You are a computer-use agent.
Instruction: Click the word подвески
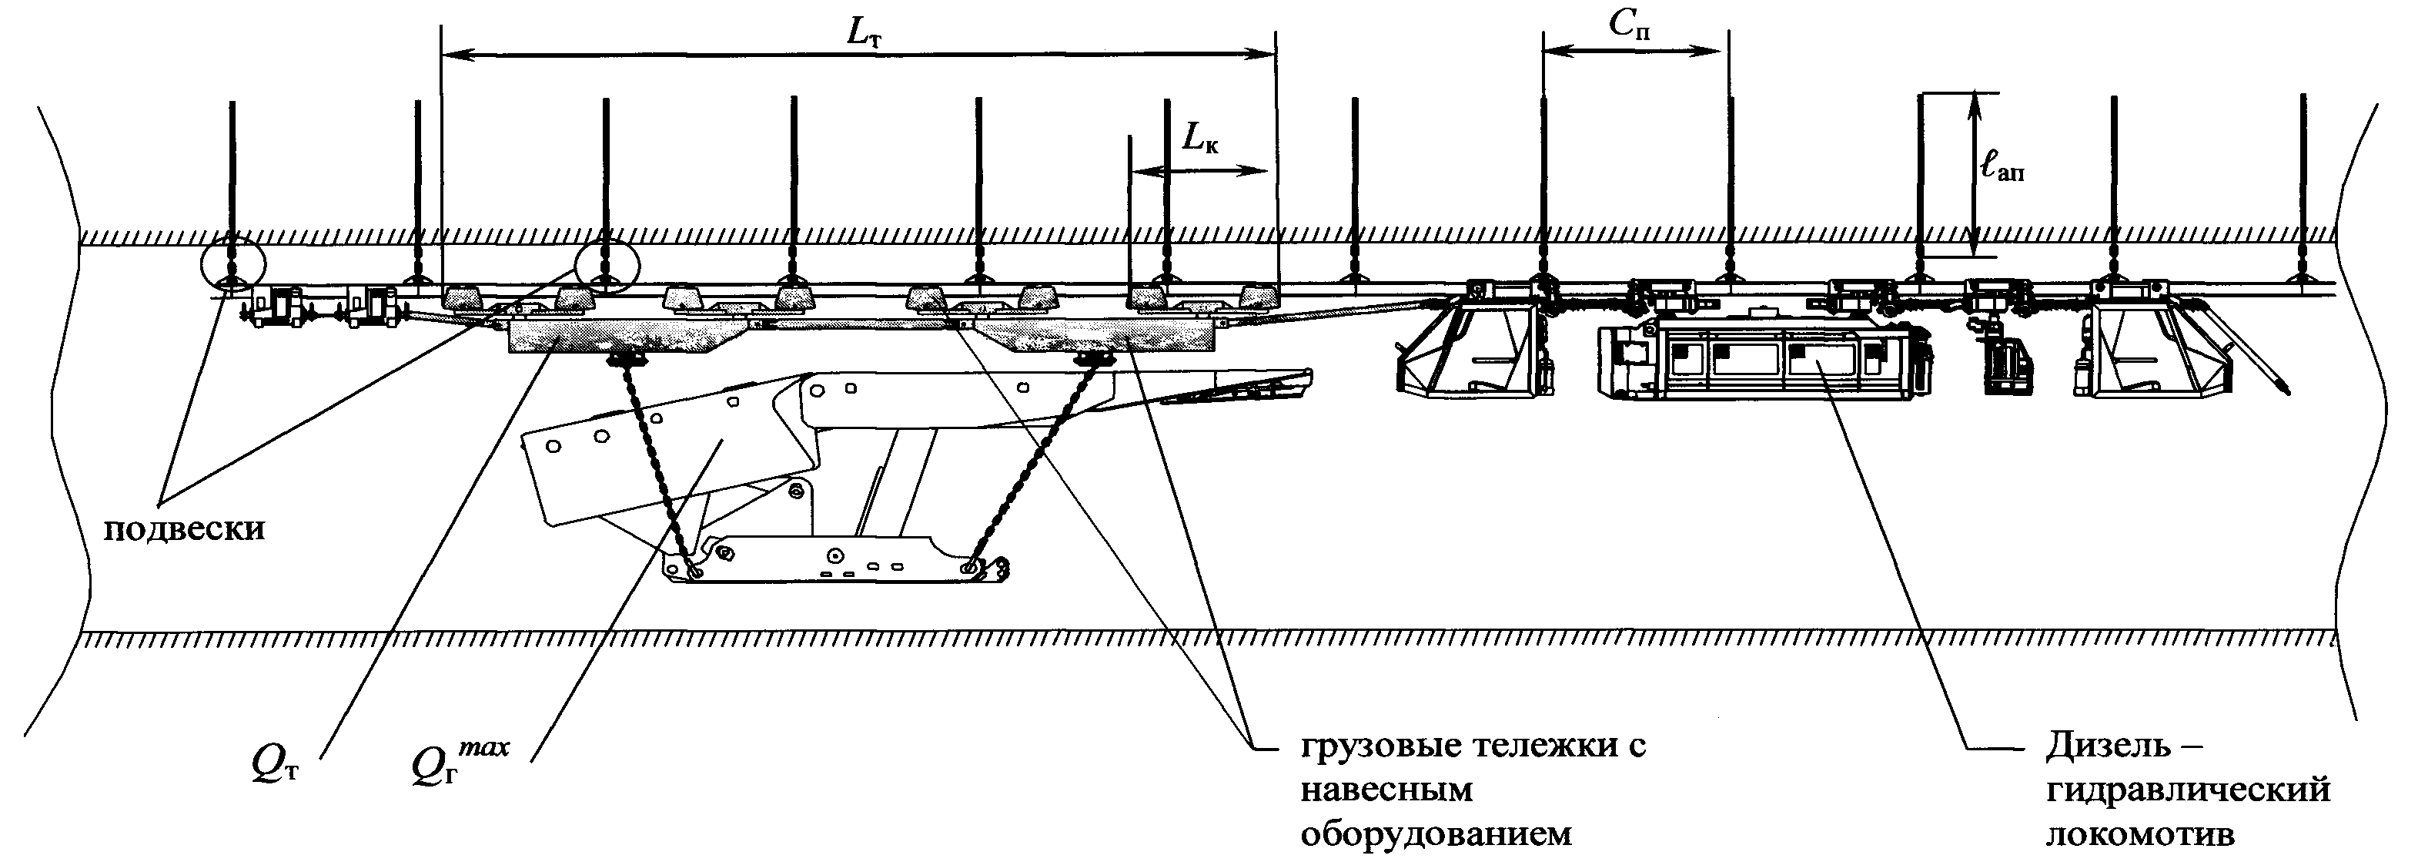(184, 529)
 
